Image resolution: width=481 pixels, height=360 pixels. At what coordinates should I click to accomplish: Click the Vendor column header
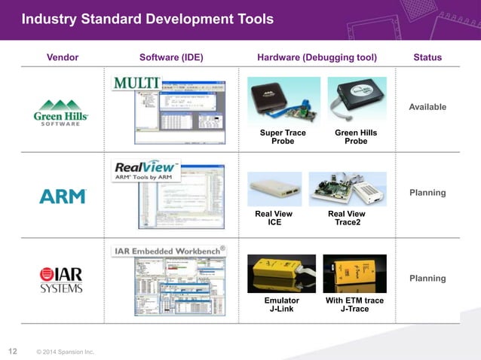[x=63, y=57]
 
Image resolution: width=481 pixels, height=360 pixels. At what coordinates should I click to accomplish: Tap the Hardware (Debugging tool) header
[x=317, y=57]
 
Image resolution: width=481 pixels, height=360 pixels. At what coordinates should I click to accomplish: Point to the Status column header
[x=427, y=57]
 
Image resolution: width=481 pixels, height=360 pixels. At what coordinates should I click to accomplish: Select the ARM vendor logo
[x=63, y=197]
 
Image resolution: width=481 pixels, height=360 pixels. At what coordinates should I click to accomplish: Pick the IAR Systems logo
[x=62, y=279]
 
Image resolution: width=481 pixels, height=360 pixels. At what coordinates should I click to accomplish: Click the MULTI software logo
[x=136, y=82]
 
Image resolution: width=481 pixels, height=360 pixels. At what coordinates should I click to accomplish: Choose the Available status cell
[x=427, y=107]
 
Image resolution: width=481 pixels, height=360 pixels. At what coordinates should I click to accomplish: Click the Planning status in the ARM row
[x=427, y=193]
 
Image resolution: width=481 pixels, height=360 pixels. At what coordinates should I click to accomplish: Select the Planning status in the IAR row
[x=427, y=279]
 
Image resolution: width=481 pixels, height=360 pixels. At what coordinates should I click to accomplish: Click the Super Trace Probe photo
[x=283, y=101]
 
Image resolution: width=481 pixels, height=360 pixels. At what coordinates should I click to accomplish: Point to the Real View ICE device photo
[x=274, y=189]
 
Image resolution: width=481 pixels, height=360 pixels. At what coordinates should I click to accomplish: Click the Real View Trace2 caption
[x=347, y=218]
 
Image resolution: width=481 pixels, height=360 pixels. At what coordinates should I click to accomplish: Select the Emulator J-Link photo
[x=281, y=273]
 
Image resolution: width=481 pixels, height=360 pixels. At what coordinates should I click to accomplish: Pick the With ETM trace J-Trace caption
[x=354, y=305]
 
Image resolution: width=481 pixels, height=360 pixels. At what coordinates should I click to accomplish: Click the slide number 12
[x=12, y=350]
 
